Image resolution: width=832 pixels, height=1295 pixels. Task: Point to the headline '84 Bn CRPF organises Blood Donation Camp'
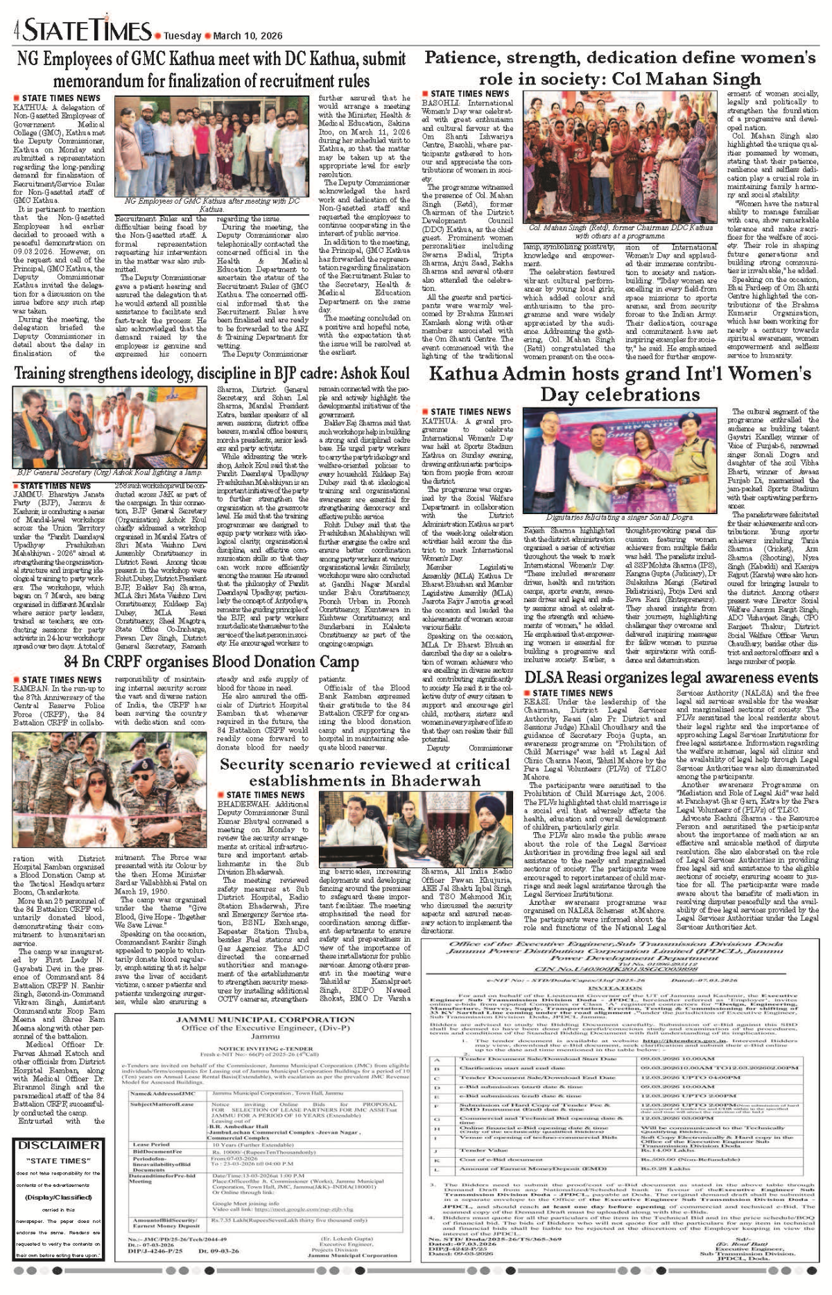[211, 661]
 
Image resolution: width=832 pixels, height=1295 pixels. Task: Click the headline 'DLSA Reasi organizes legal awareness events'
[670, 677]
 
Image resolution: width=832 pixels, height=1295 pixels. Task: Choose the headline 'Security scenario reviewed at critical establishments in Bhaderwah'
[365, 772]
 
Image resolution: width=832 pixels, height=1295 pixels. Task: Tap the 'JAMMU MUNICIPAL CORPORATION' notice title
[266, 1020]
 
